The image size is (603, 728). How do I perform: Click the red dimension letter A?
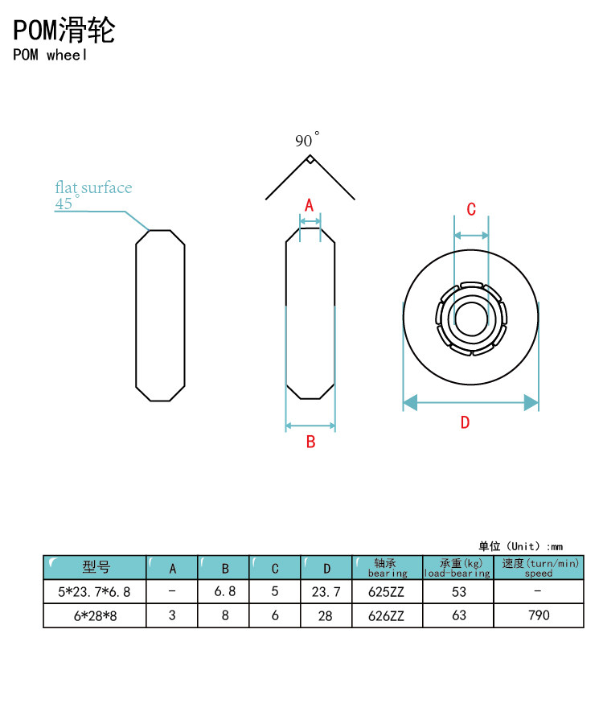310,205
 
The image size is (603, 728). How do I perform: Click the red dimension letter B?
310,442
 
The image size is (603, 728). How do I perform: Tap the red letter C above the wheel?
471,209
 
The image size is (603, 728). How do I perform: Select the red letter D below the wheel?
466,422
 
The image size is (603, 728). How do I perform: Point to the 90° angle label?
307,139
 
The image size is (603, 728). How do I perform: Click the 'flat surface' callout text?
93,187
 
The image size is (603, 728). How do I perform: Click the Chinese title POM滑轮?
64,31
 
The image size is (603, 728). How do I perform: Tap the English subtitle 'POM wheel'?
50,55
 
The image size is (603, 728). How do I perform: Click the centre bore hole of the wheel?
471,319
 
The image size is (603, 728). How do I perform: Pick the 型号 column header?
96,567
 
